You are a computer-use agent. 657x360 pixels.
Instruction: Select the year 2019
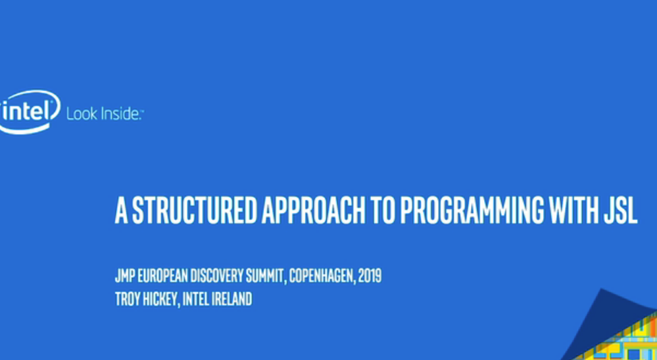[x=370, y=276]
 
